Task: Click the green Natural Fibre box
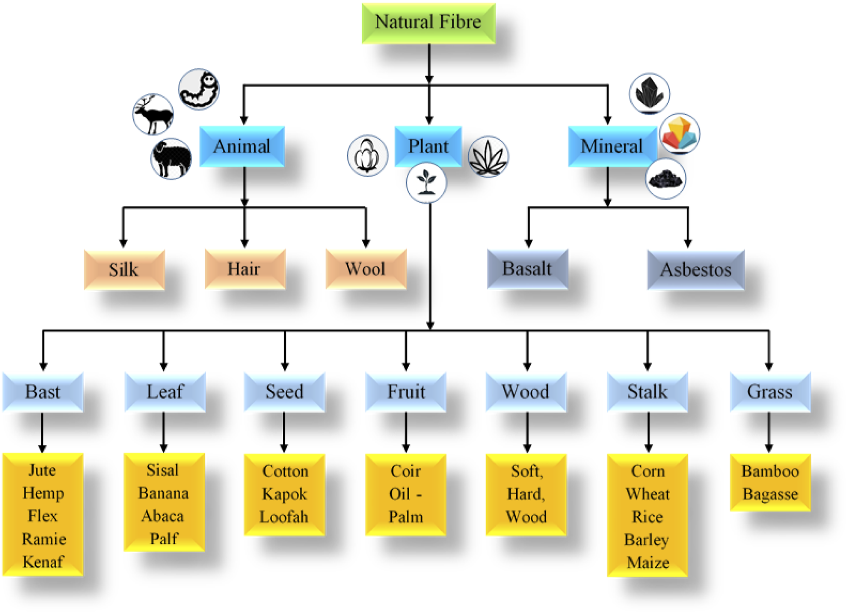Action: tap(428, 23)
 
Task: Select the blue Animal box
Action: tap(242, 146)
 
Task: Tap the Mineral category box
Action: tap(612, 146)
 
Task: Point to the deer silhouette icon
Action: tap(153, 114)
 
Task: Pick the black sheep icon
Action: tap(171, 159)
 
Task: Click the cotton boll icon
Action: tap(367, 155)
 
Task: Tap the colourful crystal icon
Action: tap(680, 133)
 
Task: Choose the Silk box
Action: tap(124, 269)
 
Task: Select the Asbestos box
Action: tap(696, 269)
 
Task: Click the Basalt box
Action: tap(528, 269)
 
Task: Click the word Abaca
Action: tap(163, 516)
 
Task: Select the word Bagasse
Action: tap(770, 494)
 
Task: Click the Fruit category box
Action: tap(406, 392)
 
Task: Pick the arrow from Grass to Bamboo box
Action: tap(769, 433)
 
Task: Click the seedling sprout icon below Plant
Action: tap(426, 182)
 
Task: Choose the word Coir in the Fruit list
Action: tap(406, 471)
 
